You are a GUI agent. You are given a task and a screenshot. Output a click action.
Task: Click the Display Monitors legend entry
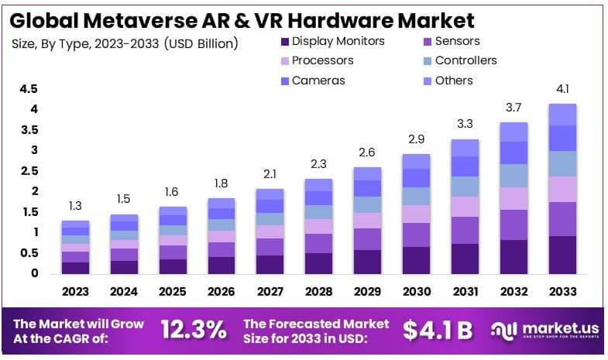click(331, 41)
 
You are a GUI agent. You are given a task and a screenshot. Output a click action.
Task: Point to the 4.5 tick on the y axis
click(29, 89)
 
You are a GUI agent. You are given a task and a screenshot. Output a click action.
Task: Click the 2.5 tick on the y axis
click(29, 171)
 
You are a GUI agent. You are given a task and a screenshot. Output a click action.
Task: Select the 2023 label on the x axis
click(76, 292)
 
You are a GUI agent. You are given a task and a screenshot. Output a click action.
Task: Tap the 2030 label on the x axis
click(415, 292)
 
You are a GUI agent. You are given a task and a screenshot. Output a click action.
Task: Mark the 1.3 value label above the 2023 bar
click(76, 207)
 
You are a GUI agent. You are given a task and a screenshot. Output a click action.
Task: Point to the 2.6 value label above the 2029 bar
click(367, 153)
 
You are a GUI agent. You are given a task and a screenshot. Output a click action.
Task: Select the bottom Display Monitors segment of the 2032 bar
click(513, 256)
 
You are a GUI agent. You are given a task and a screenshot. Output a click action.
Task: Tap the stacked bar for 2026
click(221, 235)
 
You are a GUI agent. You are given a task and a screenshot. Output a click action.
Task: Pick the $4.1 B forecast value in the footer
click(438, 329)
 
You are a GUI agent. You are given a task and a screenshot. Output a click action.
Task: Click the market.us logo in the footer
click(542, 329)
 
